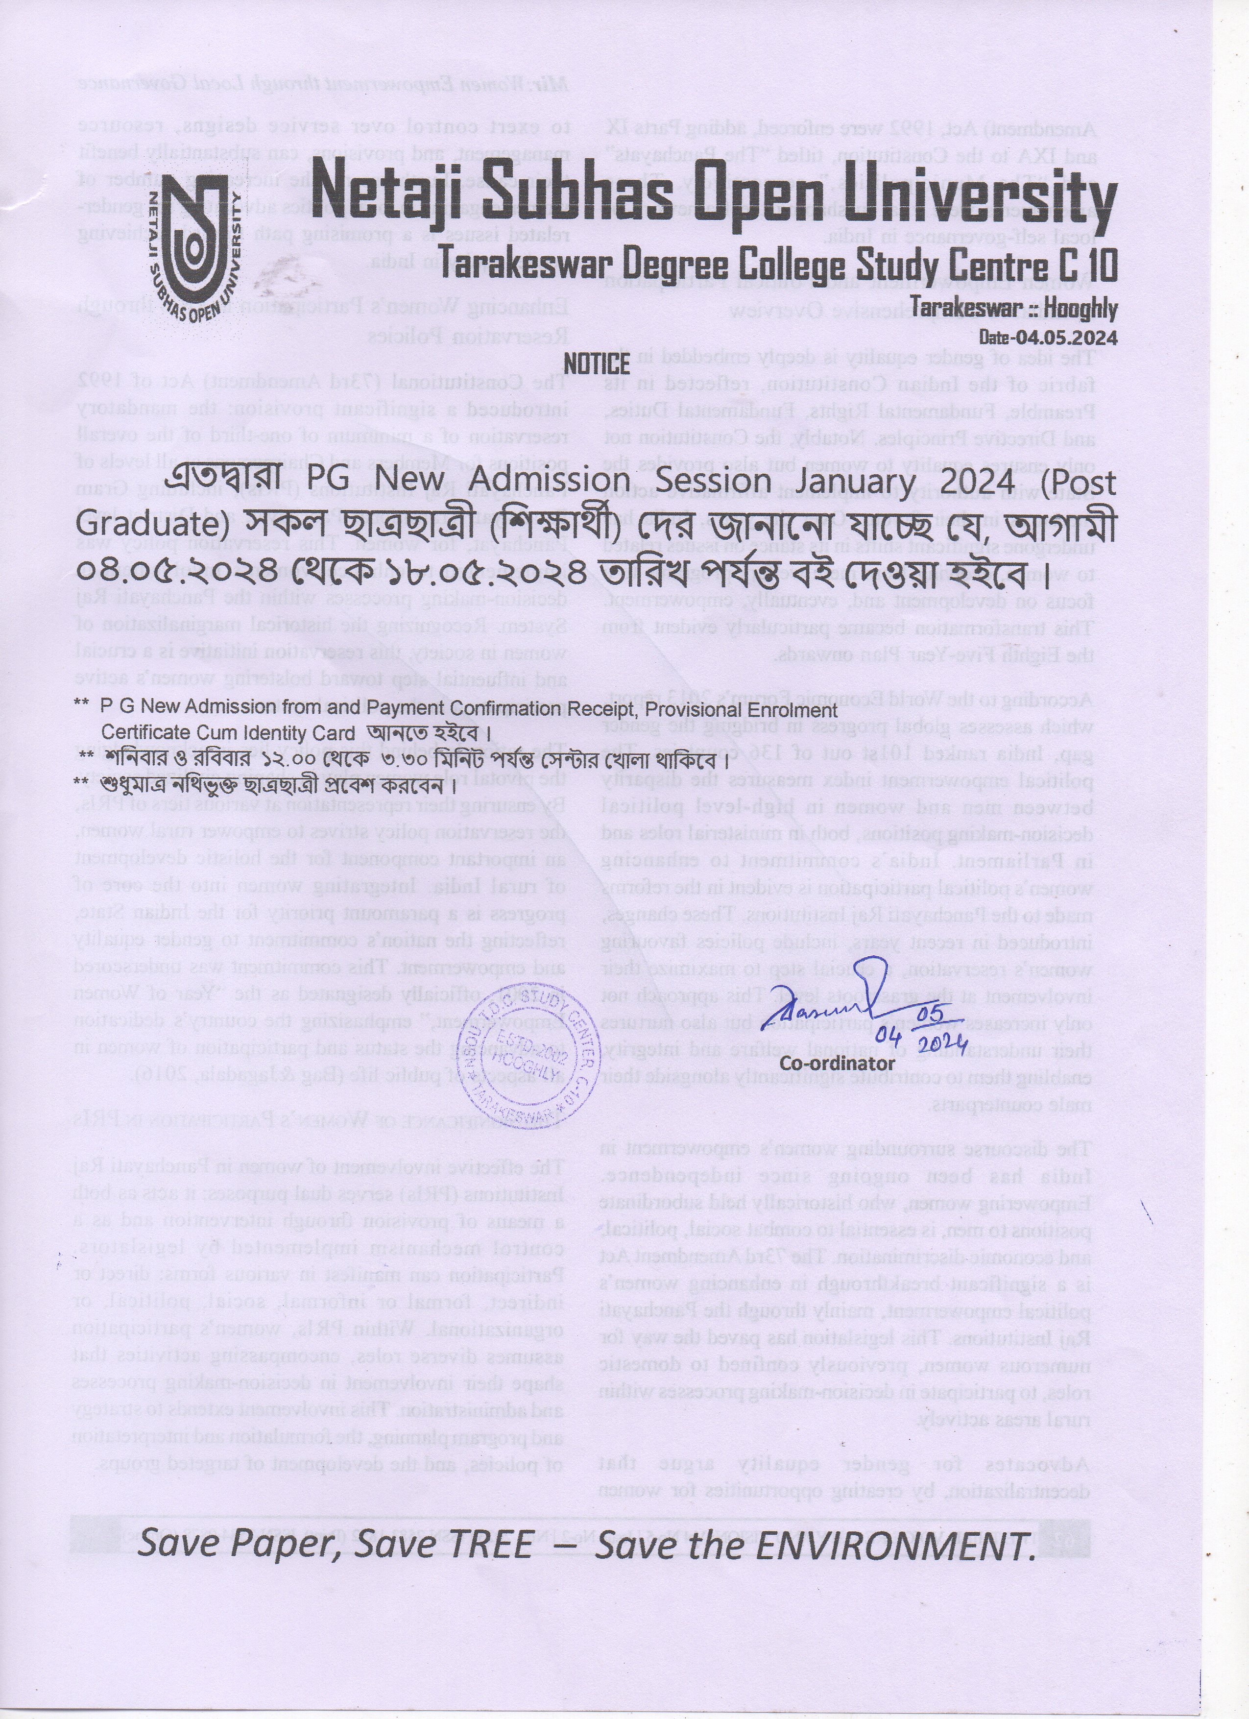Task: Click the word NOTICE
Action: click(597, 364)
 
